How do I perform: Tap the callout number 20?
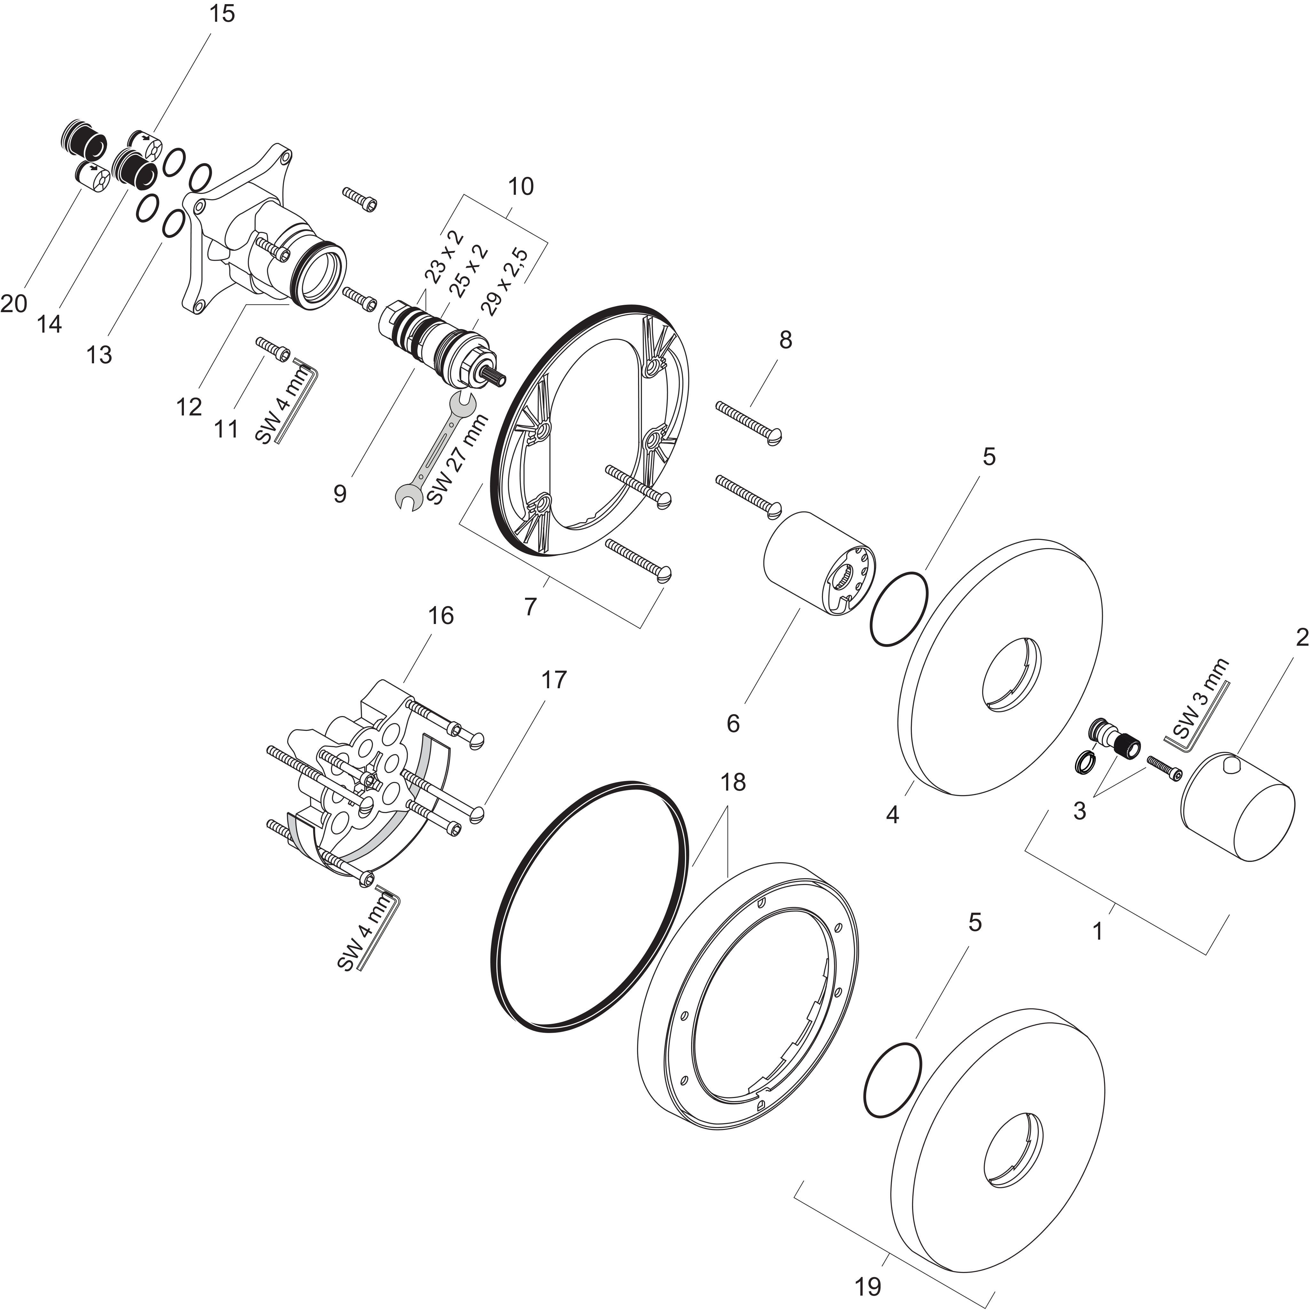click(x=13, y=303)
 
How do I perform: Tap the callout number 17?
click(x=553, y=679)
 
